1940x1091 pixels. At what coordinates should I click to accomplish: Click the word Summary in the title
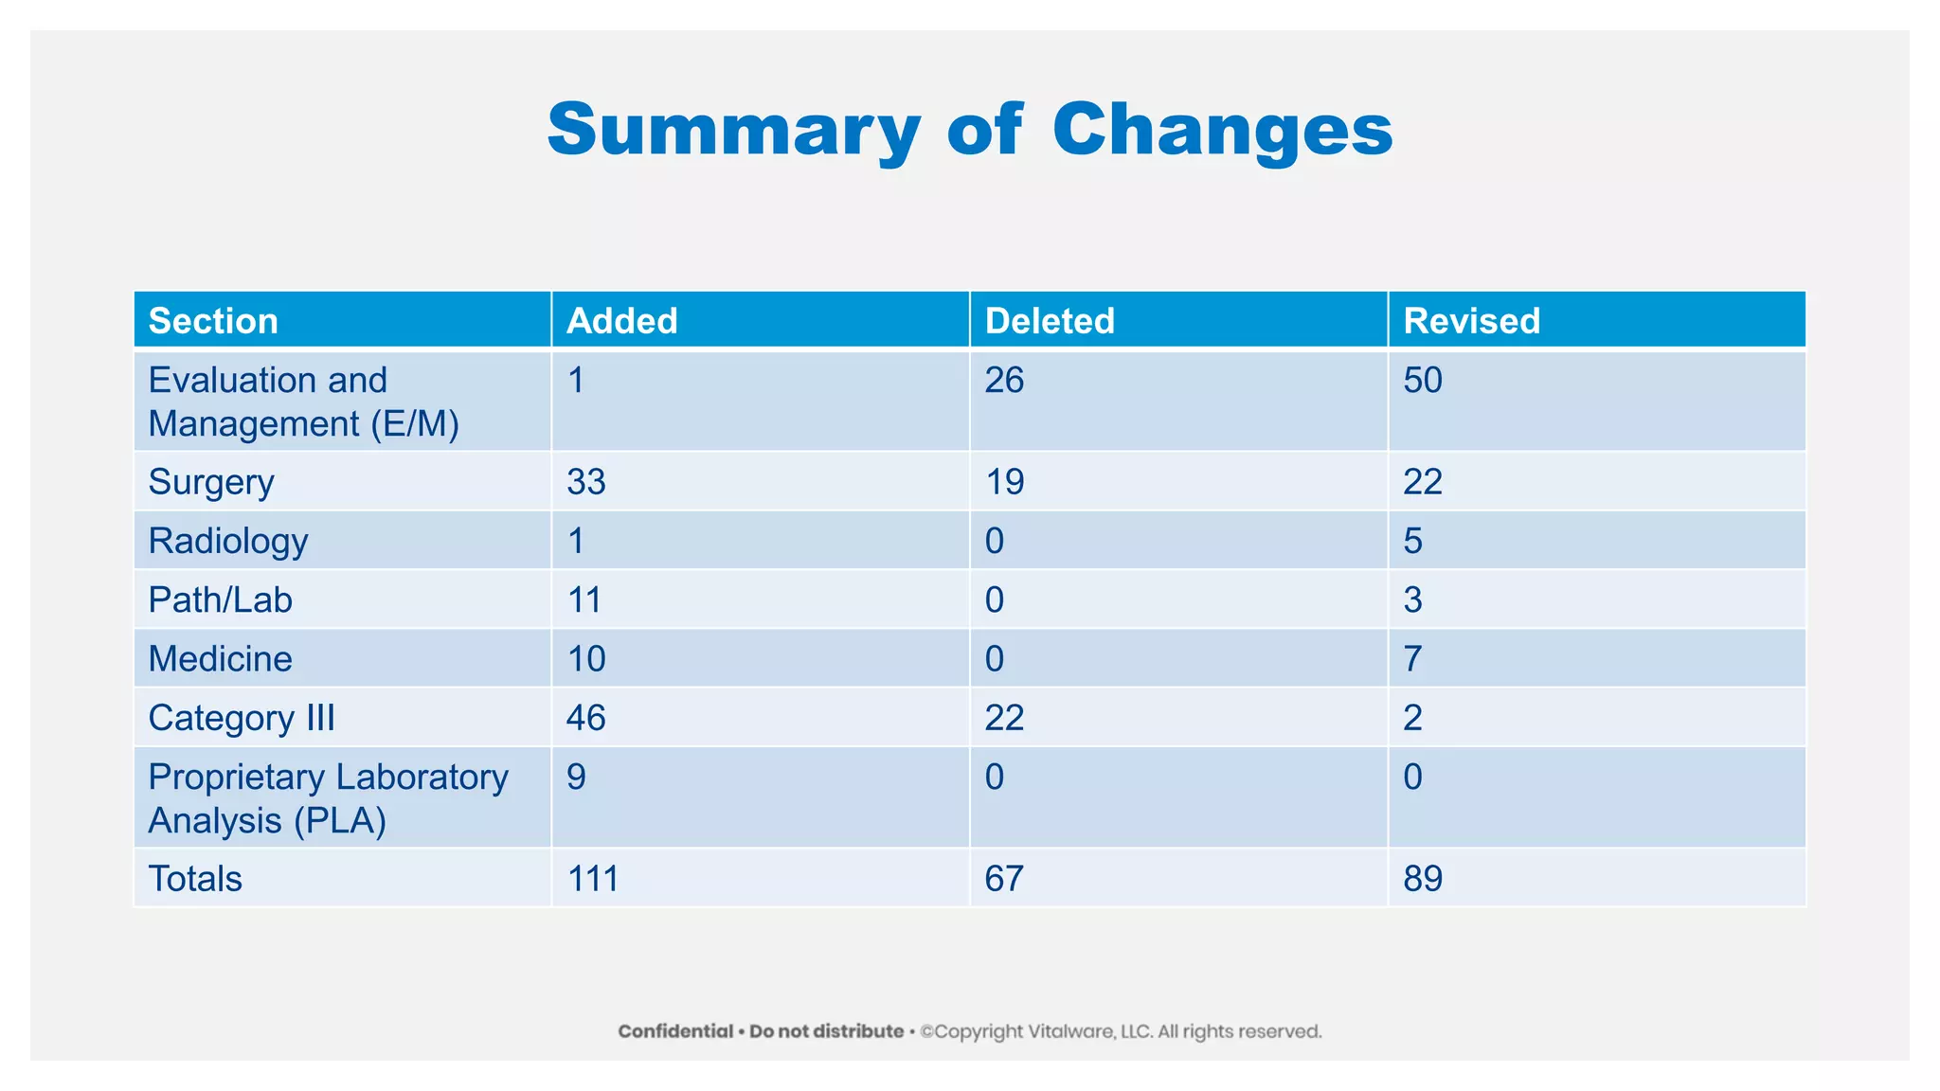(x=733, y=130)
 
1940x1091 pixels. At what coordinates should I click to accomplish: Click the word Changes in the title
(x=1222, y=130)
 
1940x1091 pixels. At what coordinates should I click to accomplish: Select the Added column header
(x=621, y=321)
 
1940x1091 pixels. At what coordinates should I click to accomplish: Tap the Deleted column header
(x=1050, y=321)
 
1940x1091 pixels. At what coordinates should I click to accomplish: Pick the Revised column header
(x=1471, y=321)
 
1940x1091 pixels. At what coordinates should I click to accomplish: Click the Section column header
(x=213, y=321)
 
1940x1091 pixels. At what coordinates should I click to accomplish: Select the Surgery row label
(x=211, y=482)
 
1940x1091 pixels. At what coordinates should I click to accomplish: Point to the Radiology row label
(x=228, y=541)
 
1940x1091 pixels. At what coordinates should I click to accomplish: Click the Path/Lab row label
(x=220, y=599)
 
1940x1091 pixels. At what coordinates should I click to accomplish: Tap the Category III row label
(x=242, y=718)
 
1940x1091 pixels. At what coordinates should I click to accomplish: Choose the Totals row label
(x=195, y=879)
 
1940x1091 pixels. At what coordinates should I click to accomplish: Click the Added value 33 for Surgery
(x=585, y=482)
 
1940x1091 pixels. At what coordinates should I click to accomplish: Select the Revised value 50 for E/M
(x=1422, y=381)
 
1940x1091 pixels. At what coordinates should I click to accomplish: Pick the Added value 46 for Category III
(x=585, y=718)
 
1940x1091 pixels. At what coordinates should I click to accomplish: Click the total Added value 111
(x=592, y=879)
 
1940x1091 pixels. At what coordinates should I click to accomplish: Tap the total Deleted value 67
(x=1004, y=879)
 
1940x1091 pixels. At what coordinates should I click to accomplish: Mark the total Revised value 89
(x=1422, y=879)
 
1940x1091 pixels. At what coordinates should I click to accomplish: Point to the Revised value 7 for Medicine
(x=1412, y=658)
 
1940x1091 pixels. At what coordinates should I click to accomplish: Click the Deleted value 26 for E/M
(x=1004, y=381)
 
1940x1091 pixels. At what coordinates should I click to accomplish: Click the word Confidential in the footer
(x=675, y=1031)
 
